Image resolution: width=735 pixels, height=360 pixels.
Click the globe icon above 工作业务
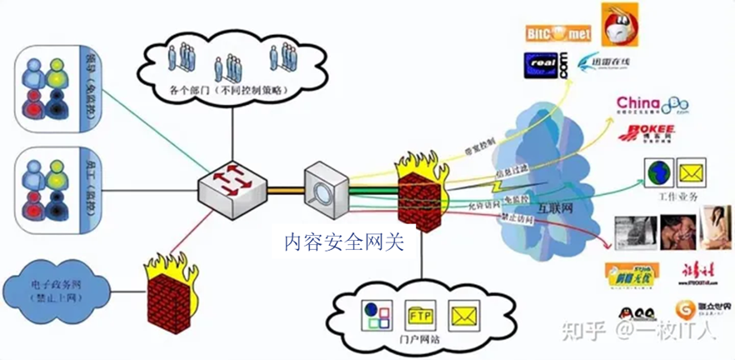click(658, 173)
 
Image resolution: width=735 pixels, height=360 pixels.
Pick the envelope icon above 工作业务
click(692, 173)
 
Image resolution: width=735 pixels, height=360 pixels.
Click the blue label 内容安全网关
click(343, 242)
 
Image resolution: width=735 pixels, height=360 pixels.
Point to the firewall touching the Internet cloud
click(422, 193)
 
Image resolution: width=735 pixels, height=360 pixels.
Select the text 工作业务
click(677, 197)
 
